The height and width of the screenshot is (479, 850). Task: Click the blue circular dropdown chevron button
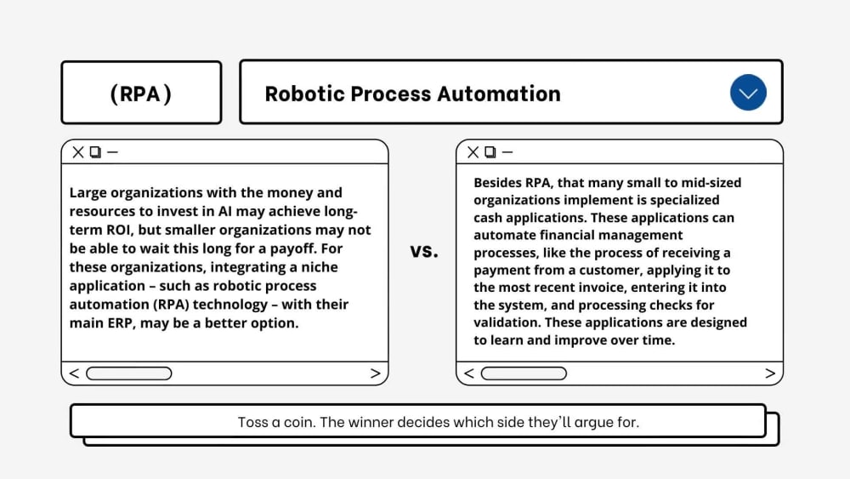748,92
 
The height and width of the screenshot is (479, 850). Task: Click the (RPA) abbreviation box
141,92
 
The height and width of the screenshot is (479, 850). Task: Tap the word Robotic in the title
304,94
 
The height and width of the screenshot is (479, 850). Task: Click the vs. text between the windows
424,251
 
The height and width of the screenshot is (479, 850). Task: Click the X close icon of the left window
78,152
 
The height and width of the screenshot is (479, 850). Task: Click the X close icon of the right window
473,152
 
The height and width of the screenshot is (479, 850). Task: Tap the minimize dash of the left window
113,152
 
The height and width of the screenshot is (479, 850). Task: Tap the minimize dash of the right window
507,152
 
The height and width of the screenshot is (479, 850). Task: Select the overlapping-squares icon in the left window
95,152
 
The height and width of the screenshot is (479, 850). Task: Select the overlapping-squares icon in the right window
490,152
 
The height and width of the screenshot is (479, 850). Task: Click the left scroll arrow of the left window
74,374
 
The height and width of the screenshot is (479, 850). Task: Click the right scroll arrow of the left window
375,374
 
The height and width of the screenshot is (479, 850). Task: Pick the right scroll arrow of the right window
770,374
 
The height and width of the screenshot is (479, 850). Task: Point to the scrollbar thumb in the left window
129,374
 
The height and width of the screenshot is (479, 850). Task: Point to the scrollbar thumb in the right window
524,374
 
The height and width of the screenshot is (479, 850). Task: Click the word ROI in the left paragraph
118,230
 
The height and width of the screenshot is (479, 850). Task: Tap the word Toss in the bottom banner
251,422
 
